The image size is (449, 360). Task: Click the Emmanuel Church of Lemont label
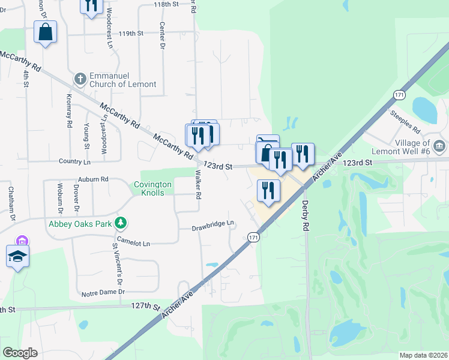pyautogui.click(x=122, y=80)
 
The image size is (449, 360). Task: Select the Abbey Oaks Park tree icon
pyautogui.click(x=121, y=223)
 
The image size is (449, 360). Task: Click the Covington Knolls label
pyautogui.click(x=152, y=188)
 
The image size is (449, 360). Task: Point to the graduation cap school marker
pyautogui.click(x=18, y=256)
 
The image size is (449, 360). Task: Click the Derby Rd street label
pyautogui.click(x=306, y=218)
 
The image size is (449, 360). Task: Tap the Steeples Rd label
pyautogui.click(x=405, y=122)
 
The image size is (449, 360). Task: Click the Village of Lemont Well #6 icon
pyautogui.click(x=439, y=146)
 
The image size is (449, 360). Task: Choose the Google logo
pyautogui.click(x=20, y=353)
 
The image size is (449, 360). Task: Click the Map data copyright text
pyautogui.click(x=423, y=355)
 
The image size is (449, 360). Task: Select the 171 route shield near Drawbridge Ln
pyautogui.click(x=253, y=238)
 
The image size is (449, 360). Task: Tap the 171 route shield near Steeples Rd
pyautogui.click(x=399, y=95)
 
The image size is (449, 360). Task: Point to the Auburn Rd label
pyautogui.click(x=93, y=179)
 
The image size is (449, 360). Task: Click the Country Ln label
pyautogui.click(x=74, y=161)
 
